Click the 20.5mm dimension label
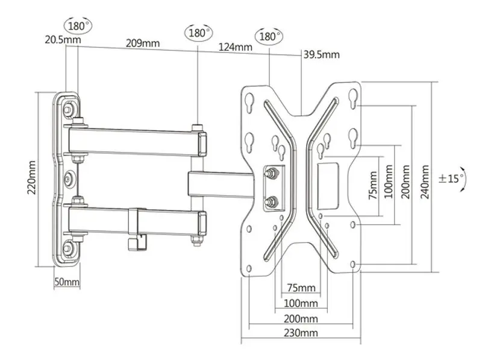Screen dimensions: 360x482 coord(62,39)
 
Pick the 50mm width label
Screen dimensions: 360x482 coord(66,282)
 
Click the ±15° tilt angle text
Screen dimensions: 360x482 coord(451,178)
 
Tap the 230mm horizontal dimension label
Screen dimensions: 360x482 coord(303,332)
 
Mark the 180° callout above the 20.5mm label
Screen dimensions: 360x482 coord(77,27)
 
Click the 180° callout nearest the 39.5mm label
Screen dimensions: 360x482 coord(270,36)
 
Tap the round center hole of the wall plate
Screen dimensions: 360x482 coord(70,179)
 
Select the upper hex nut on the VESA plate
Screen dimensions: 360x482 coord(273,173)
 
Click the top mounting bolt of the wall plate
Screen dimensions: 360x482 coord(71,109)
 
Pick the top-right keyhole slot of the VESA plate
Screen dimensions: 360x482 coord(352,96)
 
